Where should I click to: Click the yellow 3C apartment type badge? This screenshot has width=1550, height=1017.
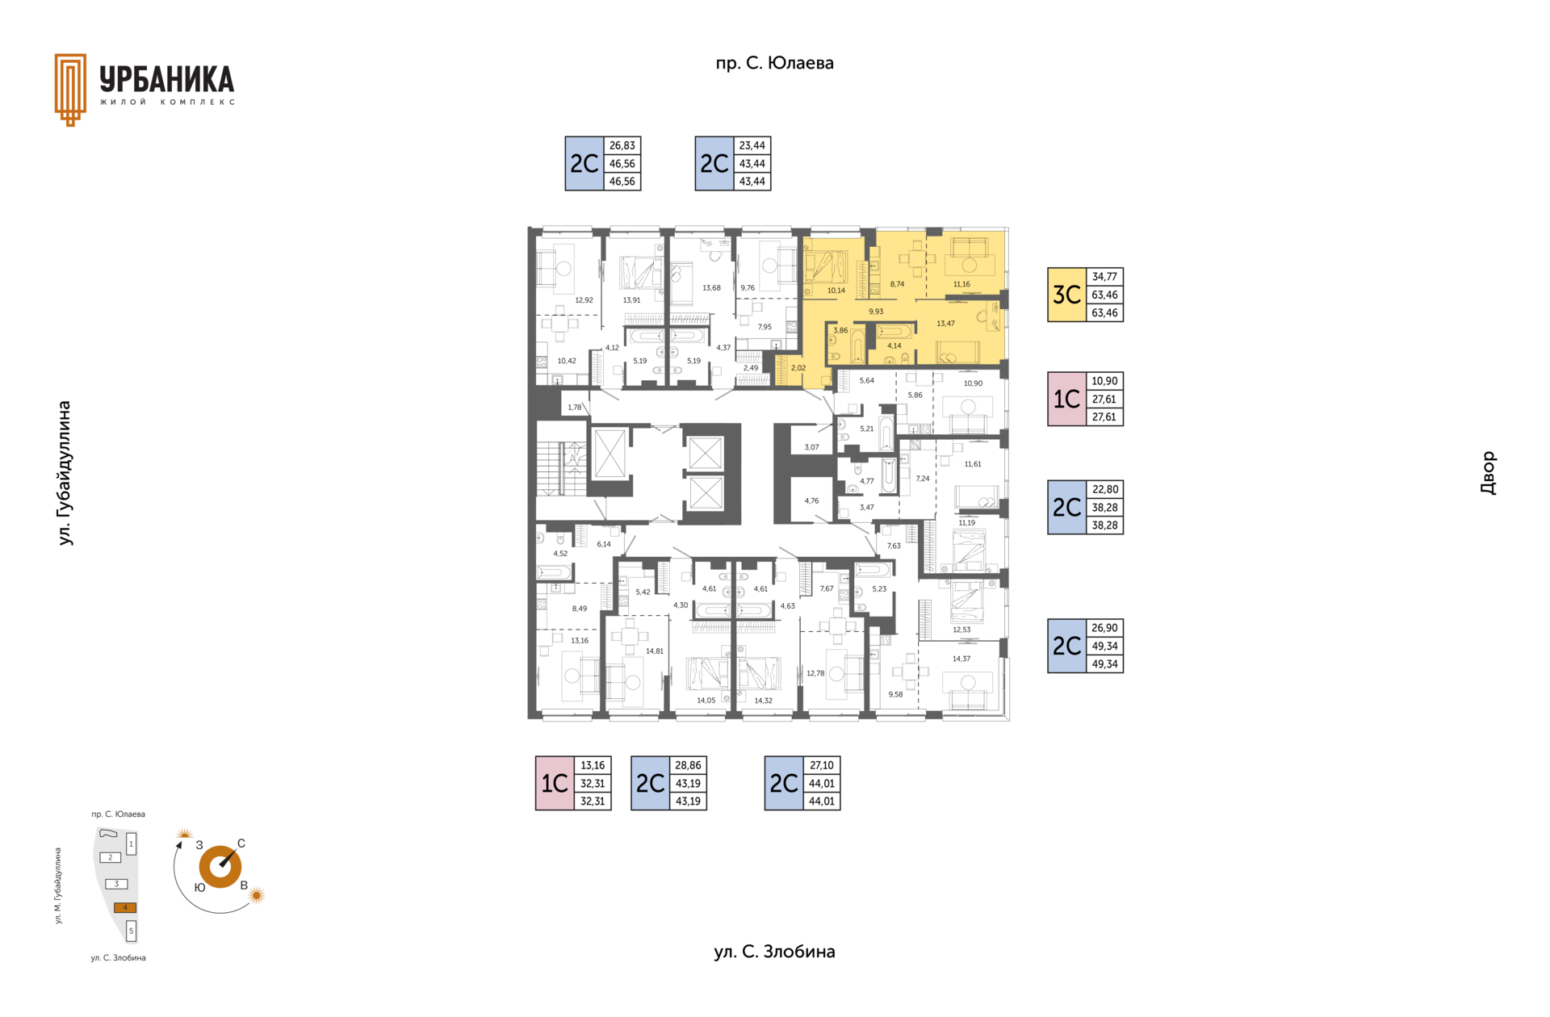(x=1066, y=295)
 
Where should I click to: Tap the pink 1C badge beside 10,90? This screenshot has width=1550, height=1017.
(x=1066, y=399)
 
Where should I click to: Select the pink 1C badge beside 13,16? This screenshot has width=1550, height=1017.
(x=555, y=783)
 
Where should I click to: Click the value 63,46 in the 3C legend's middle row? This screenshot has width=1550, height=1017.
(x=1104, y=295)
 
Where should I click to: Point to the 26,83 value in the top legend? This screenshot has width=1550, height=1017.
(x=622, y=145)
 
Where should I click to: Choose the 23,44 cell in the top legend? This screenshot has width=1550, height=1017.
(x=752, y=145)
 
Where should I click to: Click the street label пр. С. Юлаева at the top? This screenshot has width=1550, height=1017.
(x=774, y=63)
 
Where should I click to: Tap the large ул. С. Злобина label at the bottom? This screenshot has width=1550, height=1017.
(x=774, y=952)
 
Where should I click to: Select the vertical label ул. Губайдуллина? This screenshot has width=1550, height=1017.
(x=65, y=473)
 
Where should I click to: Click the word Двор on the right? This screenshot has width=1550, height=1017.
(x=1488, y=473)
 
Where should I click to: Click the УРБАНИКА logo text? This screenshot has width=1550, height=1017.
(x=167, y=79)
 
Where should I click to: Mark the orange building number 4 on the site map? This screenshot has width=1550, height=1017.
(x=125, y=907)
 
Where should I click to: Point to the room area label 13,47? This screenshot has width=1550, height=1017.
(x=945, y=324)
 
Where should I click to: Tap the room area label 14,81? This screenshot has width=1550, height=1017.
(x=654, y=651)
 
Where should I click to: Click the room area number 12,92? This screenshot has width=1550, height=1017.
(x=584, y=300)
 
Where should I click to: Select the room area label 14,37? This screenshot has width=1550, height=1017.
(x=961, y=659)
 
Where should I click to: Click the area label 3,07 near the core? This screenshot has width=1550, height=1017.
(x=811, y=447)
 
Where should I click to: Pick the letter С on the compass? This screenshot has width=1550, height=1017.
(x=241, y=843)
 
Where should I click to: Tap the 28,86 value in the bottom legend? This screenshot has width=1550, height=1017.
(x=688, y=765)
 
